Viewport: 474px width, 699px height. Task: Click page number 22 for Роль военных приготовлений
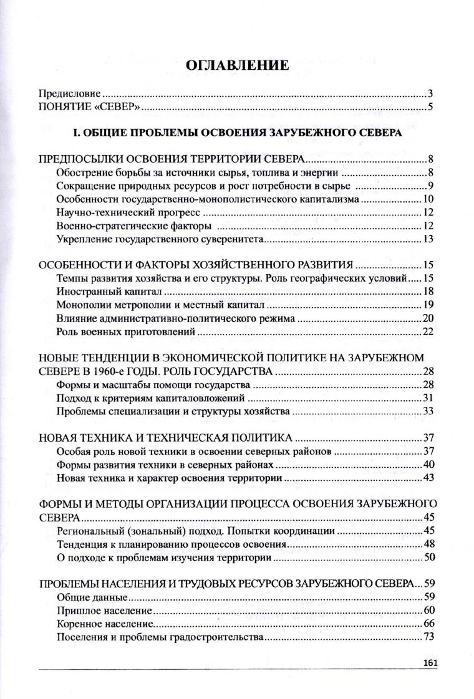point(428,331)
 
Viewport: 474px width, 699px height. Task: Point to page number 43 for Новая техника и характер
point(428,478)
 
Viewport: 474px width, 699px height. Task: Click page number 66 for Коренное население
point(428,624)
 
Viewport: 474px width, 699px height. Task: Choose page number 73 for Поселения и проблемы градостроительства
point(428,637)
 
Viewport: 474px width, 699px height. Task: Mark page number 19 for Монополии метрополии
point(428,305)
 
